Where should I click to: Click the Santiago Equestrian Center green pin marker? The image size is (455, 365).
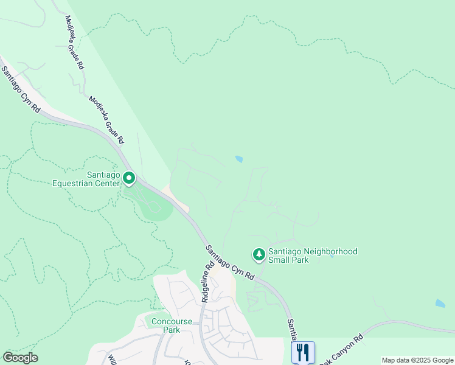129,178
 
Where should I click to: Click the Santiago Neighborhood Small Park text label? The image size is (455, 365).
313,255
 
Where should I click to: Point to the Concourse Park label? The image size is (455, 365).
172,325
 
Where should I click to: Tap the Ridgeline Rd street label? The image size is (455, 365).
207,282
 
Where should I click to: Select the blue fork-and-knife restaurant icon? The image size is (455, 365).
302,352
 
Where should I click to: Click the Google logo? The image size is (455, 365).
21,357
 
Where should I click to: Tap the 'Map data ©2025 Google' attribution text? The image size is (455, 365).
417,360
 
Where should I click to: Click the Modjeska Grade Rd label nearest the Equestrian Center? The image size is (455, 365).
106,120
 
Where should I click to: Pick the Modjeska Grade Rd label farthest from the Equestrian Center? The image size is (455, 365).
75,42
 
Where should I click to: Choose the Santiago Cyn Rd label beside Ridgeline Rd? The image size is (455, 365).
229,262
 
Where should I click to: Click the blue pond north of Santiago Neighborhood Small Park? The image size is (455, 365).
238,159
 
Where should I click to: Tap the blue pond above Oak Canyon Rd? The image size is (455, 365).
440,303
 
